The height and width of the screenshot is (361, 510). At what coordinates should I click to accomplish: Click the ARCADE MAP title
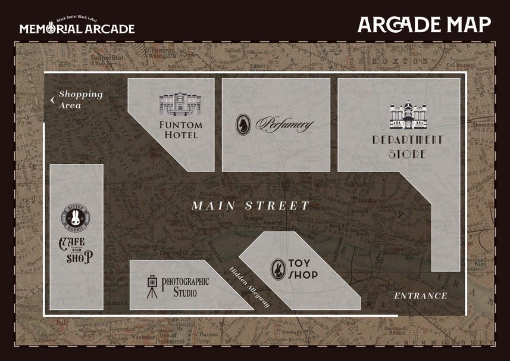point(424,24)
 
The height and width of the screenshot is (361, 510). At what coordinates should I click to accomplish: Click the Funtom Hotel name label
point(181,130)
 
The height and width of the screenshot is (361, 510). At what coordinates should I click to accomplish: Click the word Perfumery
point(284,125)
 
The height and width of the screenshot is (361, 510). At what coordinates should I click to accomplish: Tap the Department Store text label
point(407,147)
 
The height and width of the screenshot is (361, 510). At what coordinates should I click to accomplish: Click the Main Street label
point(251,206)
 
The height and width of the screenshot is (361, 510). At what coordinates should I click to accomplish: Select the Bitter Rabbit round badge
point(76,216)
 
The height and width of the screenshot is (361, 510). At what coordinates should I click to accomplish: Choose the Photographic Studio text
point(185,287)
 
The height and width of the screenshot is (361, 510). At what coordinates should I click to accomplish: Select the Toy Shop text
point(303,269)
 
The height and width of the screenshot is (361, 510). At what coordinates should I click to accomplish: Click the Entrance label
point(420,296)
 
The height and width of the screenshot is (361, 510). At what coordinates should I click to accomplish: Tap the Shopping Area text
point(80,99)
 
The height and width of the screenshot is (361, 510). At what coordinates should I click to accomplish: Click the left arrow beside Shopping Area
point(52,99)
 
